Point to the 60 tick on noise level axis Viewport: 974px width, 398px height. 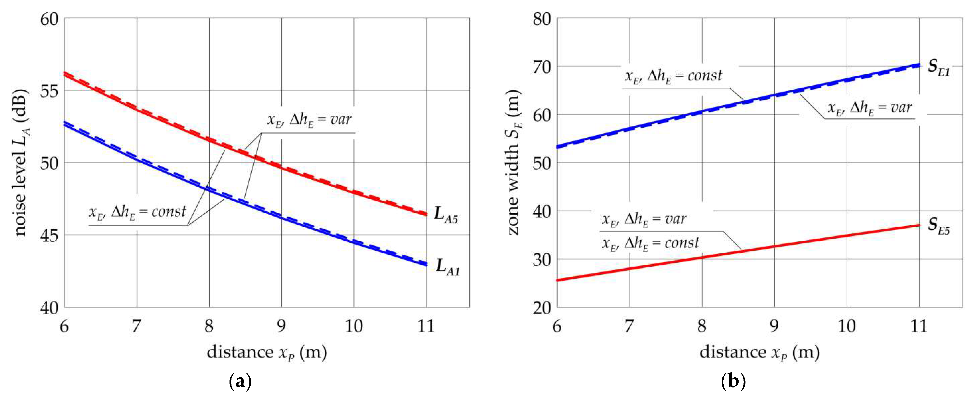point(50,19)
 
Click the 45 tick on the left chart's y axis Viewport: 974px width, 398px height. point(50,235)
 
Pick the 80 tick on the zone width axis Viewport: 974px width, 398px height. point(542,19)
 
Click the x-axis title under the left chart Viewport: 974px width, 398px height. point(267,353)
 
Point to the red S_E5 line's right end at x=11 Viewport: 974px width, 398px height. point(919,225)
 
